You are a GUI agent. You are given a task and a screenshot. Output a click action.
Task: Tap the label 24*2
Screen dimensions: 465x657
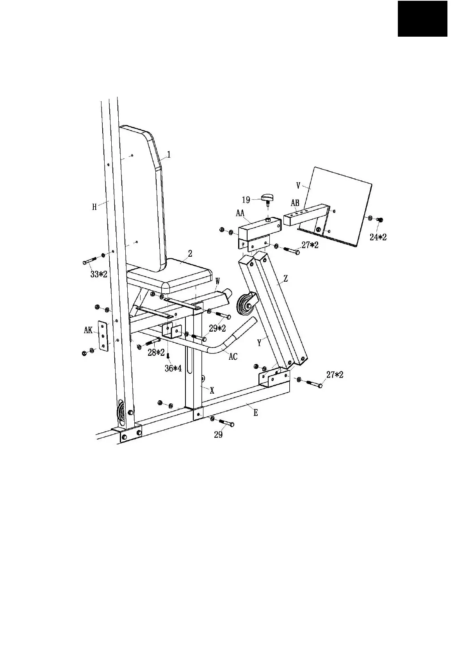(x=378, y=237)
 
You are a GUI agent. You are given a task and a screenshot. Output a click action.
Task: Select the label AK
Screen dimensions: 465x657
(x=88, y=330)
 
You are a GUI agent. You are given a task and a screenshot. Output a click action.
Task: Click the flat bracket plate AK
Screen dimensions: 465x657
(x=103, y=336)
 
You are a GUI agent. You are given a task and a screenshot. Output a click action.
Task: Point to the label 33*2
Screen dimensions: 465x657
(x=99, y=274)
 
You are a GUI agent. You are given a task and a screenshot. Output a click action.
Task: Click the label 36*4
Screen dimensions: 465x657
(x=173, y=368)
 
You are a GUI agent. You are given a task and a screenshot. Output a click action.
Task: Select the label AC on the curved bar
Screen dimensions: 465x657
(x=233, y=357)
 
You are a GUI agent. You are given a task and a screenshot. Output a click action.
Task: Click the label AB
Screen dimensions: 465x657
(x=295, y=203)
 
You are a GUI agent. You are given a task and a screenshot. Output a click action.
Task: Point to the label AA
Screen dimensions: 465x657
(x=240, y=213)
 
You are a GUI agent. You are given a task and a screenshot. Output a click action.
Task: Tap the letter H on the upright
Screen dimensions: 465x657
(x=94, y=207)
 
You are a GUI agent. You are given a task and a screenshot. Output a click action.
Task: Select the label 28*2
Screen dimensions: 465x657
(x=156, y=353)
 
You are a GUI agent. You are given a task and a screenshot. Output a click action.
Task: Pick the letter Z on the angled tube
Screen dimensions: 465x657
(x=286, y=279)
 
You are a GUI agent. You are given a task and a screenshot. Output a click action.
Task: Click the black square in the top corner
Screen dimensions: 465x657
(x=422, y=18)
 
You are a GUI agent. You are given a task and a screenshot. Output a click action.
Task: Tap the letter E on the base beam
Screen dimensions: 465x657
(x=256, y=413)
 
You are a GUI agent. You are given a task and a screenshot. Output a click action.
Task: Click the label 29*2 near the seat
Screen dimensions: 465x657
(x=217, y=328)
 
